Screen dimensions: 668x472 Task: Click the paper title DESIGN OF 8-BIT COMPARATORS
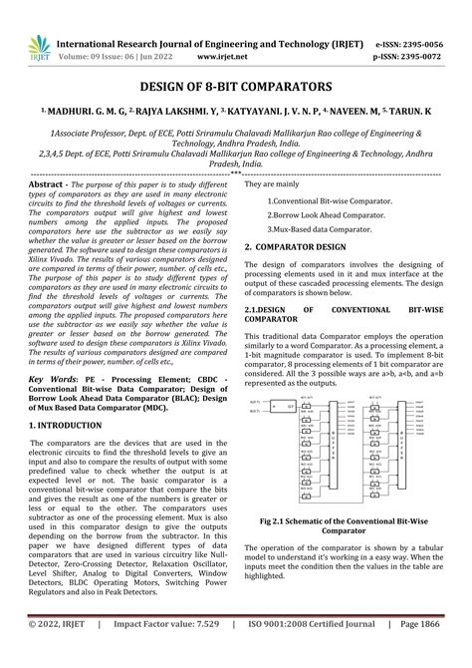[235, 88]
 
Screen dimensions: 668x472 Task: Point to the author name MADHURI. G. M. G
[71, 113]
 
